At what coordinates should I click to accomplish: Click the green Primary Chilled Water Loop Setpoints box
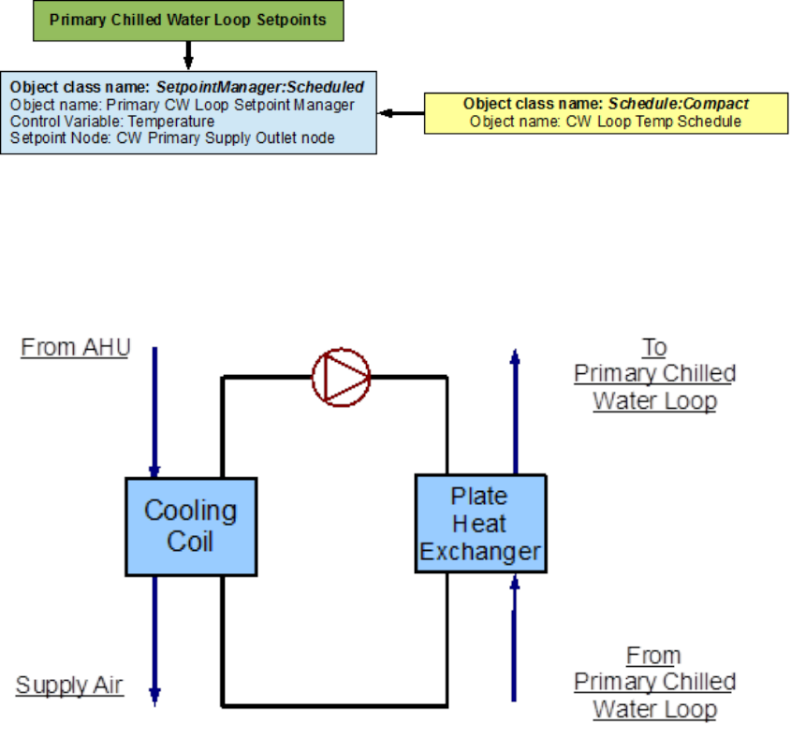coord(188,21)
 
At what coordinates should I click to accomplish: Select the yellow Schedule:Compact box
coord(606,112)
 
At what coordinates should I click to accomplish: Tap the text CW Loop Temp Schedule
coord(606,122)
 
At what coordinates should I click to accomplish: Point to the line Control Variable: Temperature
coord(112,122)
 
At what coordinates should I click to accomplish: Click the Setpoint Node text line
coord(172,138)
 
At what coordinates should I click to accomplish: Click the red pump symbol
coord(341,377)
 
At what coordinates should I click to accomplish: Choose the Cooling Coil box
coord(190,526)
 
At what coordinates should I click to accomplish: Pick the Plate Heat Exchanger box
coord(480,524)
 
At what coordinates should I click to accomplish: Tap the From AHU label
coord(76,348)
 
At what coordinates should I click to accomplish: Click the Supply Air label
coord(69,686)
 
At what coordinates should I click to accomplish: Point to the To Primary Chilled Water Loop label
coord(654,374)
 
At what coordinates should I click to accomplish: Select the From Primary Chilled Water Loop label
coord(654,683)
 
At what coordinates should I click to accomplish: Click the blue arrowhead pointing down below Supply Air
coord(155,696)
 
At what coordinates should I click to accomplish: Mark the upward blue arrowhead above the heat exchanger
coord(513,356)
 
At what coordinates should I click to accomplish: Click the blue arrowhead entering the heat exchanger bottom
coord(513,582)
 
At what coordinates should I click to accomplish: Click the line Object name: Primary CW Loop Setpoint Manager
coord(183,105)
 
